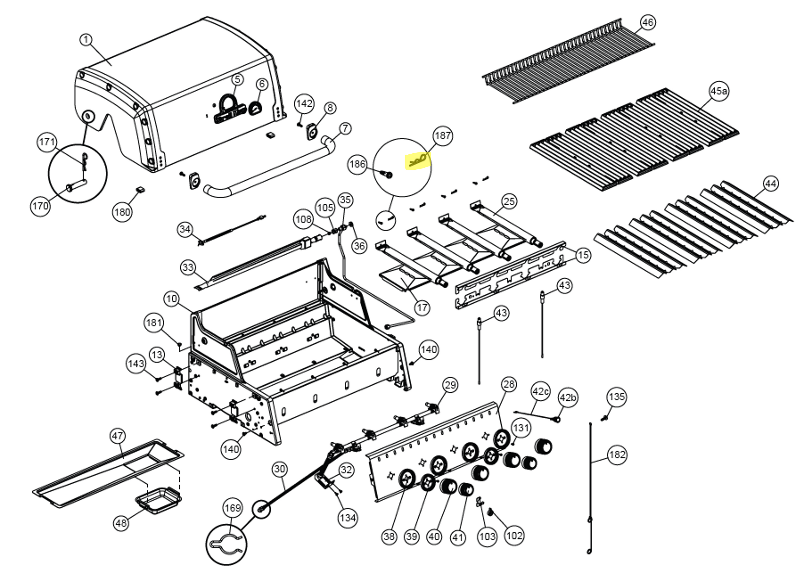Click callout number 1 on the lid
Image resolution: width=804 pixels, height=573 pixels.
coord(86,39)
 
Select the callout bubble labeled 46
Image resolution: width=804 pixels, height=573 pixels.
coord(647,23)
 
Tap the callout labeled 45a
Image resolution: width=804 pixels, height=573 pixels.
coord(719,91)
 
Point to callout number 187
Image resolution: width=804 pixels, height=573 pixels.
coord(443,136)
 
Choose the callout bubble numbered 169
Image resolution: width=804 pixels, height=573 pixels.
coord(233,508)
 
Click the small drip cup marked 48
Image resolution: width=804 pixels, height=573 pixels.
coord(158,499)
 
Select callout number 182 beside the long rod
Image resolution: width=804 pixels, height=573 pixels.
coord(617,455)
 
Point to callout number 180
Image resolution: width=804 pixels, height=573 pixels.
coord(122,212)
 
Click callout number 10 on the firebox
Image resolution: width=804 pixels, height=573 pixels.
coord(172,299)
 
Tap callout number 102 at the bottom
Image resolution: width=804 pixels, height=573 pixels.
coord(514,535)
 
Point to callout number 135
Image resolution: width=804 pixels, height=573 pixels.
coord(616,397)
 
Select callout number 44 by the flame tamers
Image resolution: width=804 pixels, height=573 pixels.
coord(771,184)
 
